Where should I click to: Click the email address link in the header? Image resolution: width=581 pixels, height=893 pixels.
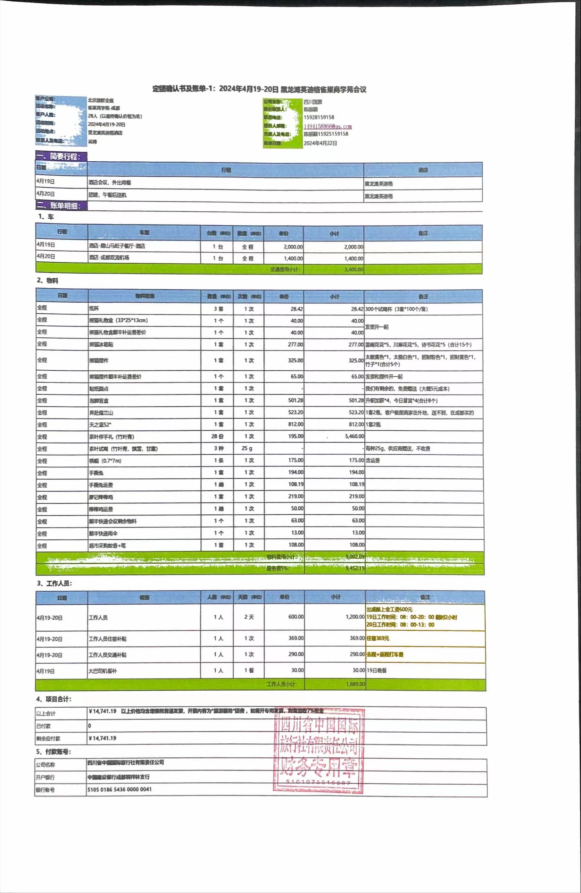327,126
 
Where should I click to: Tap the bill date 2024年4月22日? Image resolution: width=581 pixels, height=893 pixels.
320,143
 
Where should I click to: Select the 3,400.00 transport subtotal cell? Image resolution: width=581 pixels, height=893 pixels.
354,269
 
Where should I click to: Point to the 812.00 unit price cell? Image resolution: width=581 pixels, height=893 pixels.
296,424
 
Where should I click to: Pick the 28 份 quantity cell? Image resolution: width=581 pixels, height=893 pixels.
217,436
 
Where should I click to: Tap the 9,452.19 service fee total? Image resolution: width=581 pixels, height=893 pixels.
355,568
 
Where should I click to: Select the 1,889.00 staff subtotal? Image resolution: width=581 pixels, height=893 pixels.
355,684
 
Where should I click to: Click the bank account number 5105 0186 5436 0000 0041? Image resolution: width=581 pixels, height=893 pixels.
120,790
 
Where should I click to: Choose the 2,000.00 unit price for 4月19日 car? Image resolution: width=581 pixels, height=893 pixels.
293,247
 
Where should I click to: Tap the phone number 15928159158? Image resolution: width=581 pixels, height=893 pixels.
319,117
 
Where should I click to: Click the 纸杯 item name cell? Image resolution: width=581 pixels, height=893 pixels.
94,309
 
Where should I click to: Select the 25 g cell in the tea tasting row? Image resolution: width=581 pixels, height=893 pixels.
247,448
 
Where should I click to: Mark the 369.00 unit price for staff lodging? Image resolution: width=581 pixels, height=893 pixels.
296,638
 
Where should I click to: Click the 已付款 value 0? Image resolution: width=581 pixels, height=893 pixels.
90,726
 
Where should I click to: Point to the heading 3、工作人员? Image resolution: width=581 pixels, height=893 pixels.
55,583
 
